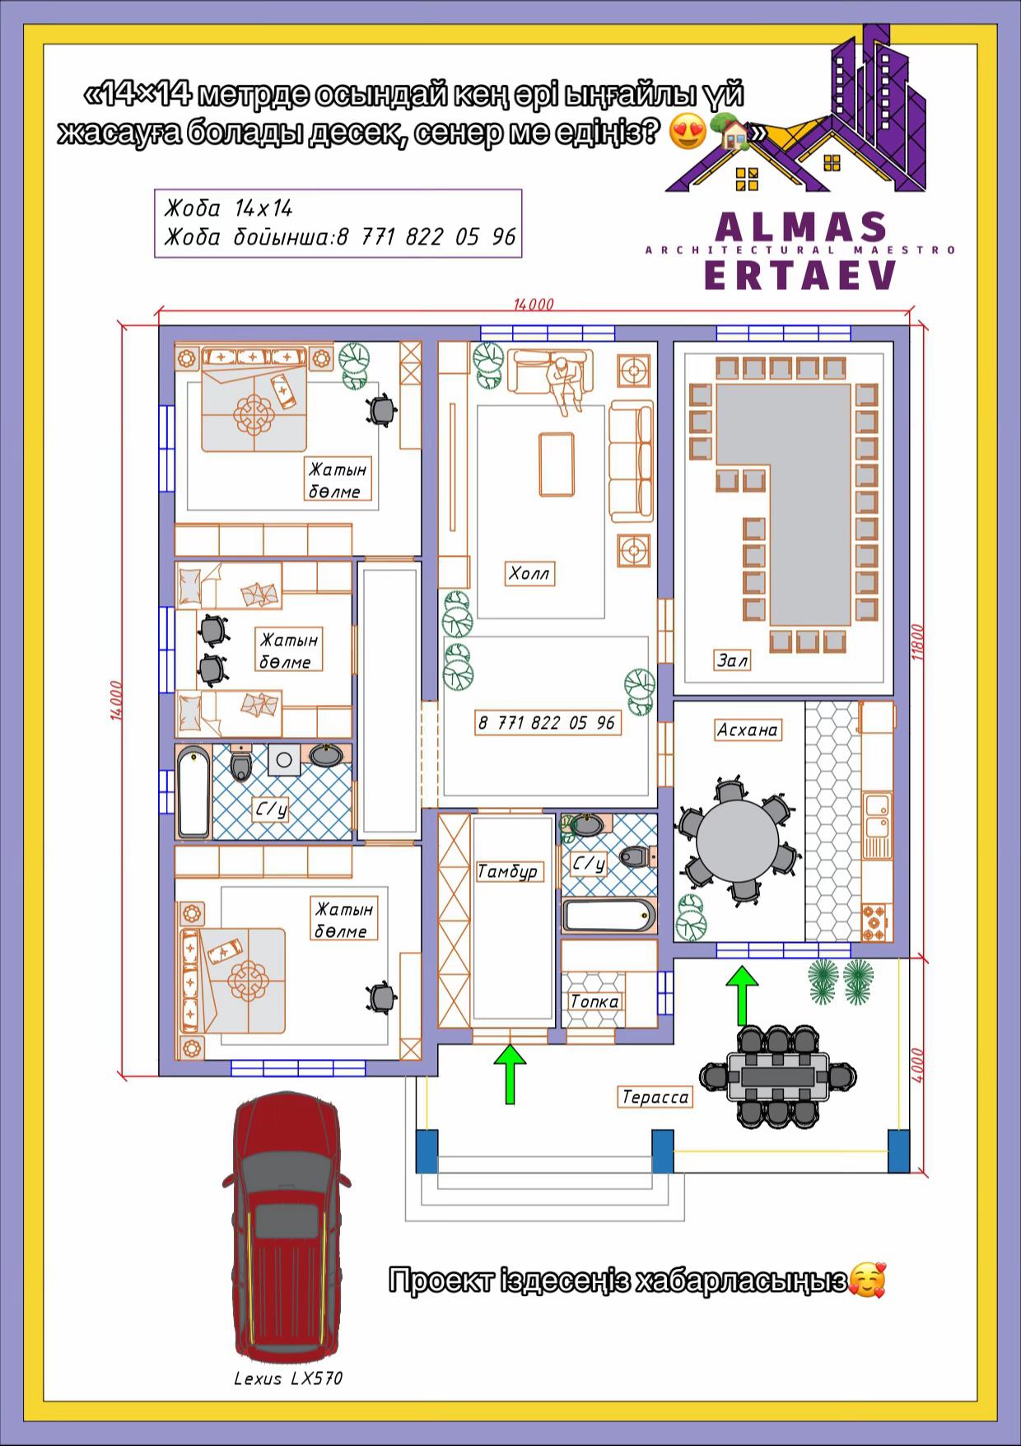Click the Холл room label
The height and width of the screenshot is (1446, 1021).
pyautogui.click(x=529, y=573)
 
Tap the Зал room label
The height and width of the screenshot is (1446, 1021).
pyautogui.click(x=732, y=660)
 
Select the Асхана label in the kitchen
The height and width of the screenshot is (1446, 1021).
pyautogui.click(x=748, y=730)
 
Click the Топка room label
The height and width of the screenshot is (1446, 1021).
pyautogui.click(x=594, y=1001)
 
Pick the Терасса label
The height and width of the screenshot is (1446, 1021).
pyautogui.click(x=655, y=1097)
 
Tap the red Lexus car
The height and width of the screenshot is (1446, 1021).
pyautogui.click(x=286, y=1227)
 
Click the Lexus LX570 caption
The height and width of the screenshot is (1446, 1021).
pyautogui.click(x=288, y=1378)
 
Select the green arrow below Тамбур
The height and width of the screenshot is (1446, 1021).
pyautogui.click(x=510, y=1074)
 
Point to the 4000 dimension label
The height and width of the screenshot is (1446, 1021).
pyautogui.click(x=919, y=1064)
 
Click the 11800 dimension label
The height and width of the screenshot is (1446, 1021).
pyautogui.click(x=919, y=641)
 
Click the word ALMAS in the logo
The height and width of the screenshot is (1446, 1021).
pyautogui.click(x=801, y=226)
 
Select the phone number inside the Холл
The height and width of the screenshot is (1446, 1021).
pyautogui.click(x=547, y=723)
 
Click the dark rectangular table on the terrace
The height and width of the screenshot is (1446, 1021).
pyautogui.click(x=777, y=1076)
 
